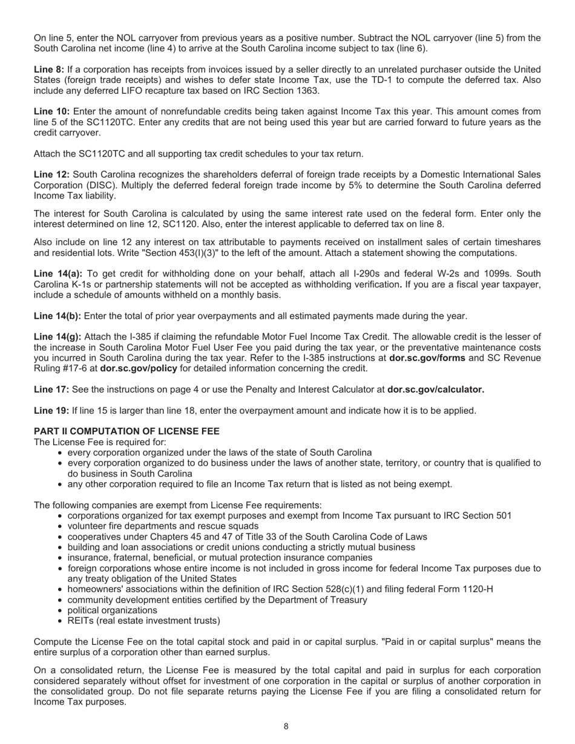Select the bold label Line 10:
tap(51, 111)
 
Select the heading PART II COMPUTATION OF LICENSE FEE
tap(126, 431)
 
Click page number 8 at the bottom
tap(286, 726)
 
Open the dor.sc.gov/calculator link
tap(436, 390)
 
